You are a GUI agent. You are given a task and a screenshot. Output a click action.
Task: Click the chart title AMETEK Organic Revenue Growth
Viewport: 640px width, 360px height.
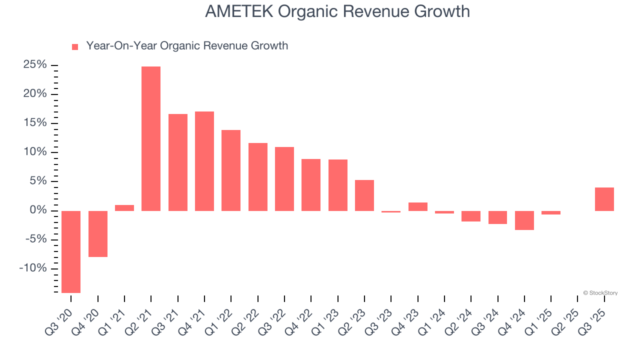tap(337, 11)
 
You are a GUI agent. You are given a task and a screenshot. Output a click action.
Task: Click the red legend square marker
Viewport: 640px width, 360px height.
tap(75, 46)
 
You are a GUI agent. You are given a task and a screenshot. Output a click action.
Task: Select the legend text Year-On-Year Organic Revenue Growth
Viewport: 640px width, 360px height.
tap(187, 46)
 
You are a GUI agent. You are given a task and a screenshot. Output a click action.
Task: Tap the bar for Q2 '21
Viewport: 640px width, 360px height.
tap(151, 138)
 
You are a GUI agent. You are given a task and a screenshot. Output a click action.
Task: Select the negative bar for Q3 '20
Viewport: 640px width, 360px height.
tap(71, 251)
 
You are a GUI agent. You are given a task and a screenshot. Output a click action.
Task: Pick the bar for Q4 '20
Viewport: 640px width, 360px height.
tap(98, 233)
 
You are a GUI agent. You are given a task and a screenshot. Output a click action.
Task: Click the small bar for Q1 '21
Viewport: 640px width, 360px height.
tap(124, 208)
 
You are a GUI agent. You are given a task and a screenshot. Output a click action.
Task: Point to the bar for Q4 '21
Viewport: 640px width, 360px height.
tap(204, 161)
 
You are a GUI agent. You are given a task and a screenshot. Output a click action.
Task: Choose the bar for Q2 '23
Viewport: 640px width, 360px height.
tap(364, 195)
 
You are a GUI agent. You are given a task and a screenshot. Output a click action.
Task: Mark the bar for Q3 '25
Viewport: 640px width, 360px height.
tap(604, 199)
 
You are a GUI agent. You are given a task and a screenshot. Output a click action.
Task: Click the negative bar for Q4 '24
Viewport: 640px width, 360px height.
tap(524, 220)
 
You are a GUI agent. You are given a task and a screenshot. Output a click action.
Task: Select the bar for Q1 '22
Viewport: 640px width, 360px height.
tap(231, 170)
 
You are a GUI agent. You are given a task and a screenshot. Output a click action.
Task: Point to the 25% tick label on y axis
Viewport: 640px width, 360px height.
tap(35, 65)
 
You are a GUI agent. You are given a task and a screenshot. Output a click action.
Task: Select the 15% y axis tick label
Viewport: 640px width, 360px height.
tap(35, 123)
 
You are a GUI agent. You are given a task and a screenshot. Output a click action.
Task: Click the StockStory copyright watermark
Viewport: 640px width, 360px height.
tap(600, 293)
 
